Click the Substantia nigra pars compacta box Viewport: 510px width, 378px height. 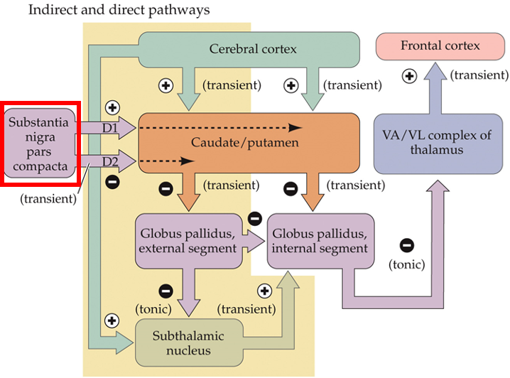[39, 143]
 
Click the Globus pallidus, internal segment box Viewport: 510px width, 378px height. [320, 241]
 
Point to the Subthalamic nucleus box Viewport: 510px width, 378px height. [189, 343]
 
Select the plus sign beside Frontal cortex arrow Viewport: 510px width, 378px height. [409, 75]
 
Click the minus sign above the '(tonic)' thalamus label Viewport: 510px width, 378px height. [407, 246]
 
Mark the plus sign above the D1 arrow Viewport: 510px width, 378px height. [112, 107]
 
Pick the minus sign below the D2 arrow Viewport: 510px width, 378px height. [112, 182]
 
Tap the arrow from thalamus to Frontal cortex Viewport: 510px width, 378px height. [440, 89]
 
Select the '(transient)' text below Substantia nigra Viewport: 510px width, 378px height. [48, 198]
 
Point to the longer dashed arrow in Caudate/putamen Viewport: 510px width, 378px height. [220, 128]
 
